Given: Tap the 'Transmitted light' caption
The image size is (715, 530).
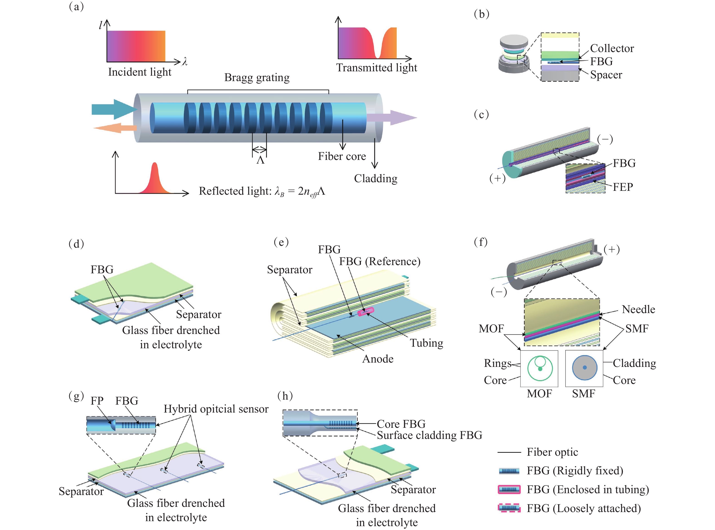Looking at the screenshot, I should click(376, 68).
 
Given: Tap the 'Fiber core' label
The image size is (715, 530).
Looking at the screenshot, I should click(342, 156).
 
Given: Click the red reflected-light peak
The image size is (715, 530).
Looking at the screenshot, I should click(155, 180).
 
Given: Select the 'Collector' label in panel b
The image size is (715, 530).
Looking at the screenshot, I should click(612, 48).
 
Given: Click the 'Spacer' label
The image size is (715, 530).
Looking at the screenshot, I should click(606, 75).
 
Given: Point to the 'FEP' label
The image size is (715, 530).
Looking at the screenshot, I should click(623, 187).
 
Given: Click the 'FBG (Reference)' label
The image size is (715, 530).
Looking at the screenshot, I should click(380, 261).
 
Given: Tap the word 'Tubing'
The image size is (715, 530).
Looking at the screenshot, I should click(427, 343).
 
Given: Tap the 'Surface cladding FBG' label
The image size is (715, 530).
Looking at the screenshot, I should click(429, 435).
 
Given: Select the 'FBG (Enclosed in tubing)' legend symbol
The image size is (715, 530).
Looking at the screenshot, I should click(509, 490).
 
